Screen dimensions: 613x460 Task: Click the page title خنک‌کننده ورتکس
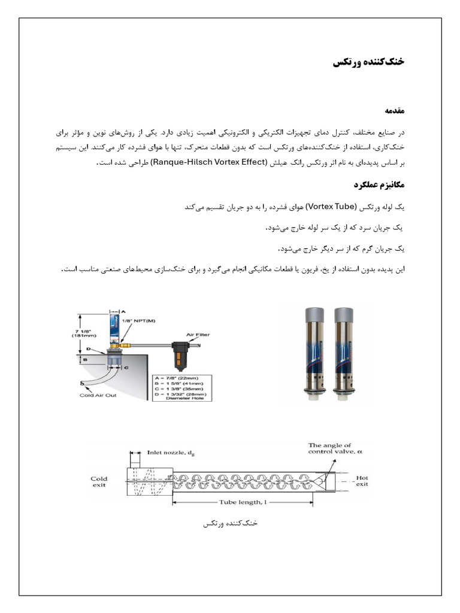pos(368,62)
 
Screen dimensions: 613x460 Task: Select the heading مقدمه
pos(394,111)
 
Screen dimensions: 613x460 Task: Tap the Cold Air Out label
pos(99,396)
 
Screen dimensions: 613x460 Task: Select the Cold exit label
pos(99,482)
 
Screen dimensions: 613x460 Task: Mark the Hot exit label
pos(362,481)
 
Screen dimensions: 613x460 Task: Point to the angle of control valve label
pos(335,449)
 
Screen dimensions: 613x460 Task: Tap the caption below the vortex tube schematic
pos(230,523)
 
